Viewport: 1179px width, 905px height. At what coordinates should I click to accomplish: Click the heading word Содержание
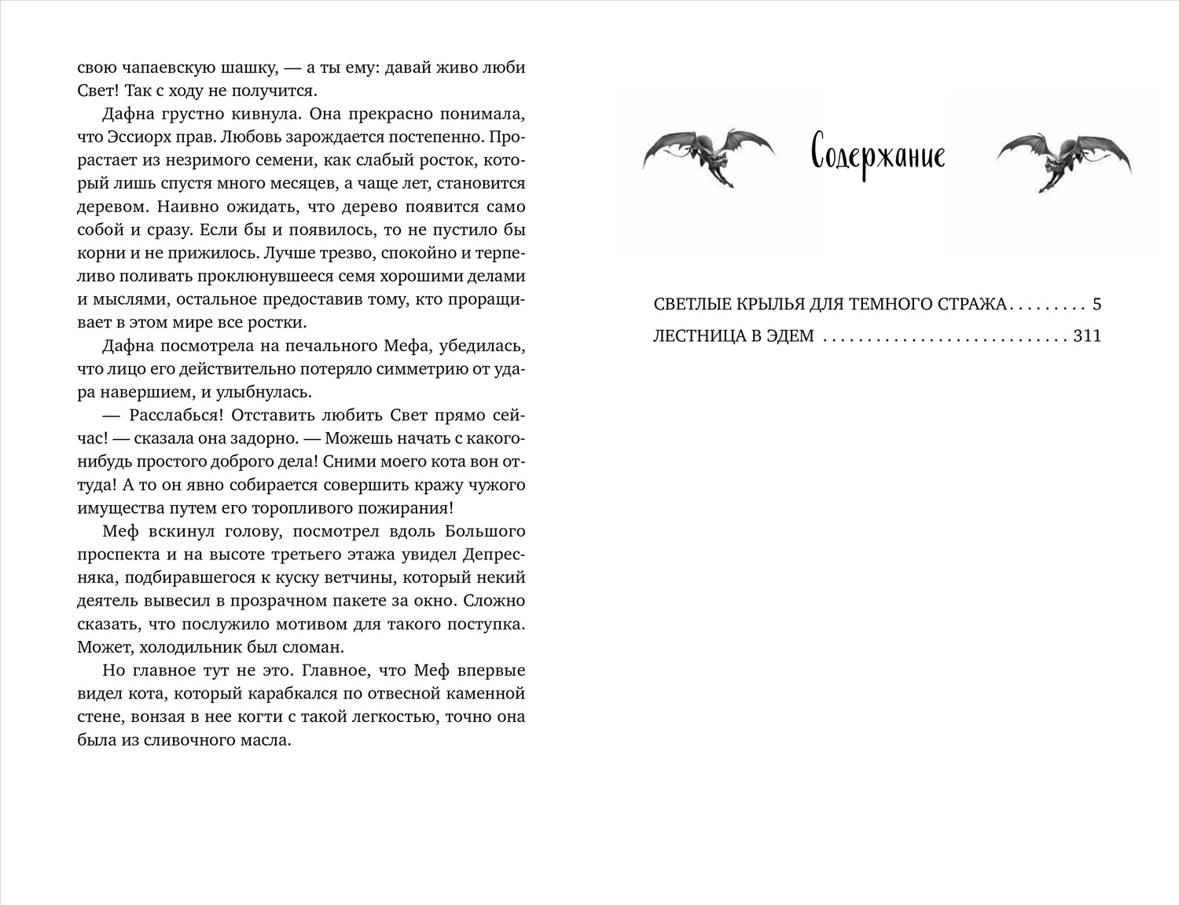pyautogui.click(x=877, y=156)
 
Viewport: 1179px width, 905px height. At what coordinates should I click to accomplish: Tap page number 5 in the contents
pyautogui.click(x=1097, y=305)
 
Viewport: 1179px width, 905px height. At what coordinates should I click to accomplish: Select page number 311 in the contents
pyautogui.click(x=1087, y=336)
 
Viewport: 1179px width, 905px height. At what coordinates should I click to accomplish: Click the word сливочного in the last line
pyautogui.click(x=185, y=740)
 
